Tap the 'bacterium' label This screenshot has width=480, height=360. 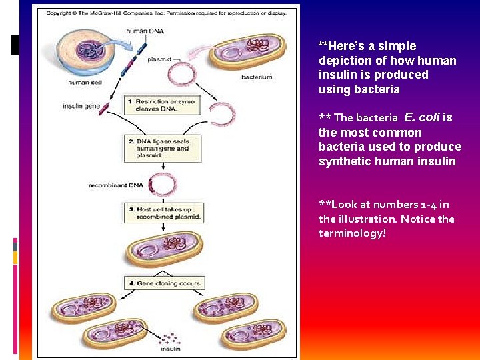[x=256, y=77]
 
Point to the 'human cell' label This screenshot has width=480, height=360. [x=85, y=83]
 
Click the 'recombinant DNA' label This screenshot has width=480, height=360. [x=116, y=185]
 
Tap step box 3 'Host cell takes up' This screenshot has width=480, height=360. [x=164, y=213]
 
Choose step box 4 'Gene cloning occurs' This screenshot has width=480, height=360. [x=164, y=283]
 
